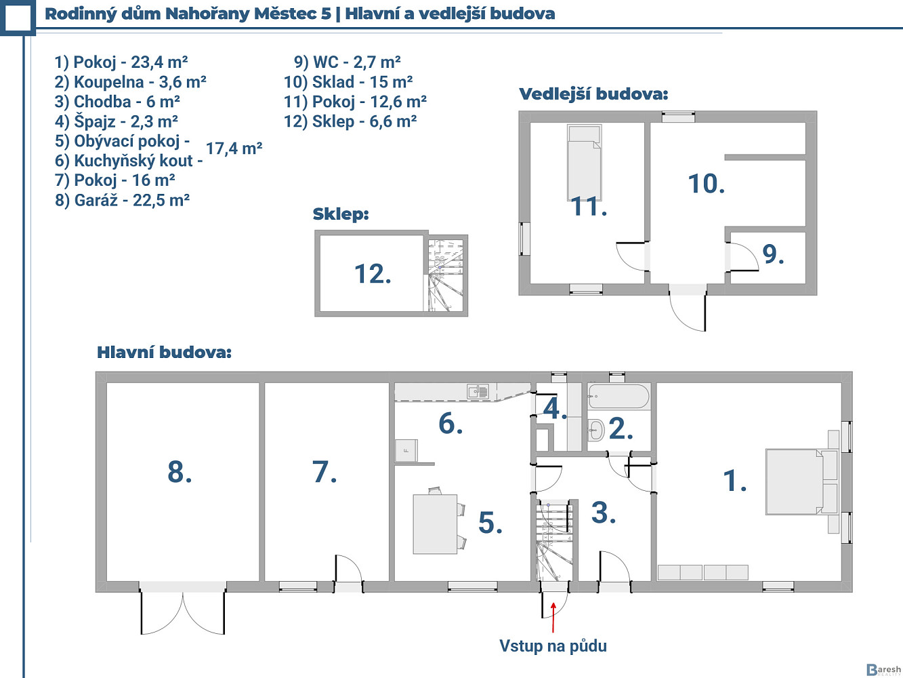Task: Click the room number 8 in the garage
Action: coord(180,472)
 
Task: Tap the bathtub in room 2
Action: coord(618,397)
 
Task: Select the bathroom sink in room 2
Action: coord(595,430)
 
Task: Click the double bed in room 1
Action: coord(801,481)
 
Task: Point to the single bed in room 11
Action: coord(584,162)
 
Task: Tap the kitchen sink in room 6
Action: coord(478,391)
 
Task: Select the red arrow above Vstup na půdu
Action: coord(553,617)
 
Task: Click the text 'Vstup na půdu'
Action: coord(553,646)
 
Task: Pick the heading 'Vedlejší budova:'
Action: coord(593,94)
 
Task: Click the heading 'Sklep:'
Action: coord(341,214)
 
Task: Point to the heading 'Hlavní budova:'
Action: coord(164,353)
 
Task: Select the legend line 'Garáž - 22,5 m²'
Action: coord(122,200)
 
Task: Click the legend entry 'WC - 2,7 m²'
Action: coord(348,62)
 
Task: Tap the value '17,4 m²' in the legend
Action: coord(234,148)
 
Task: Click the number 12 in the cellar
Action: coord(373,274)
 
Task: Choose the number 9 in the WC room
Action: coord(773,254)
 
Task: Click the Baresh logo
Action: coord(883,669)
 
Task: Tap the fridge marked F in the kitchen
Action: coord(406,450)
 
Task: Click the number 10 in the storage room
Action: coord(707,183)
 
